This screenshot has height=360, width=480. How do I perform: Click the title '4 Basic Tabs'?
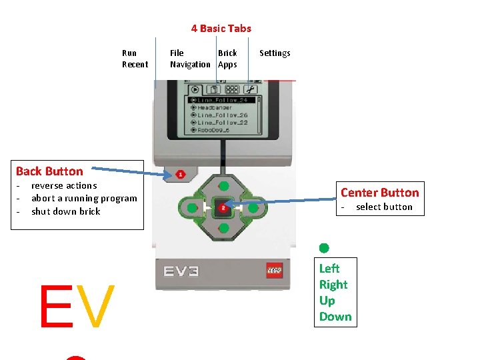point(221,28)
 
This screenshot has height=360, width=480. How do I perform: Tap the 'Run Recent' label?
point(135,59)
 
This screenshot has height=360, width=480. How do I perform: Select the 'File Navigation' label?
point(189,59)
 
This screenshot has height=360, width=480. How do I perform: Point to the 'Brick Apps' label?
point(227,59)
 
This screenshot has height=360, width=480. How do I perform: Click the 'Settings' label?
point(275,53)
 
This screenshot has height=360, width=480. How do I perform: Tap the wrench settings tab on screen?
point(250,89)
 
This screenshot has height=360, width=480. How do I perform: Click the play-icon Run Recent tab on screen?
point(195,89)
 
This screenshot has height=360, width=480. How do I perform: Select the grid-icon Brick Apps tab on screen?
point(232,89)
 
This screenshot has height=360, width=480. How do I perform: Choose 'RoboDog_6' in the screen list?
point(213,130)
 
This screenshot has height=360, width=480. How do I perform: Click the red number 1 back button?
point(180,175)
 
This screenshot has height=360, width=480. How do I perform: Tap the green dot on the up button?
point(224,186)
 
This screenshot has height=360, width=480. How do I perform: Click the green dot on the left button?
point(192,208)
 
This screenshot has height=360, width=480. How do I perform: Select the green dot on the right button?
point(253,208)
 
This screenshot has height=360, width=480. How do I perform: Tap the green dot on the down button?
point(224,229)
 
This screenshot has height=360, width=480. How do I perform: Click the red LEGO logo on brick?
point(275,270)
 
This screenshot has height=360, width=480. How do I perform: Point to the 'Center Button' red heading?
point(379,193)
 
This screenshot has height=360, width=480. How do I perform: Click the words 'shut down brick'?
point(65,211)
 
